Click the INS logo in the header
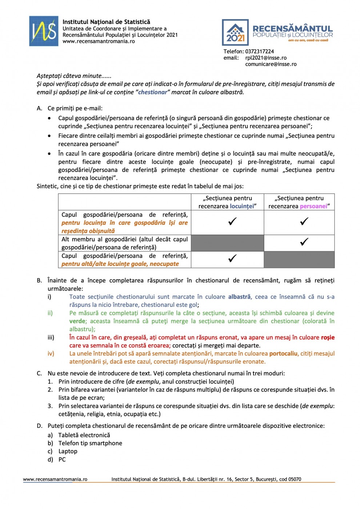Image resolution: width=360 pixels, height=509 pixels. (44, 31)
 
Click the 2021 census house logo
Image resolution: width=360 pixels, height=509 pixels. (235, 32)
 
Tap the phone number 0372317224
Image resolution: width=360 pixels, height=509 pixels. (259, 52)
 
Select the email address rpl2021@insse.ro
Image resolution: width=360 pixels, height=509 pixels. (266, 58)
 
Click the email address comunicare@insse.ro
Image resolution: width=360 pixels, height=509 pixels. (271, 64)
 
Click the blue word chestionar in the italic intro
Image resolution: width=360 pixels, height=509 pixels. (152, 92)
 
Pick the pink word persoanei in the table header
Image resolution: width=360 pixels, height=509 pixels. (313, 207)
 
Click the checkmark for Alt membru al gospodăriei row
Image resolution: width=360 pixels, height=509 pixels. (304, 242)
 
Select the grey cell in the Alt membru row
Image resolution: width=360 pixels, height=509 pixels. (227, 243)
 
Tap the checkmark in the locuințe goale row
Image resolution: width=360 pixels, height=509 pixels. (232, 258)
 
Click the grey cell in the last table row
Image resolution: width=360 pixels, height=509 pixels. (299, 260)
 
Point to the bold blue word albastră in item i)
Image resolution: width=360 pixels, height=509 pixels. (239, 297)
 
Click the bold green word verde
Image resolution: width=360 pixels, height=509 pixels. (77, 321)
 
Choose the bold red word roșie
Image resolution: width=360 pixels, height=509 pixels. (328, 338)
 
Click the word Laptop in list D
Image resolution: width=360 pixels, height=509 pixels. (68, 452)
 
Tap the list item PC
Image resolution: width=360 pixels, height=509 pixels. (62, 460)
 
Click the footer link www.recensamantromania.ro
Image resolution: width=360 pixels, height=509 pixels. (55, 480)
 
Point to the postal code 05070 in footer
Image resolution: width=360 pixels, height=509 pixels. (295, 480)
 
